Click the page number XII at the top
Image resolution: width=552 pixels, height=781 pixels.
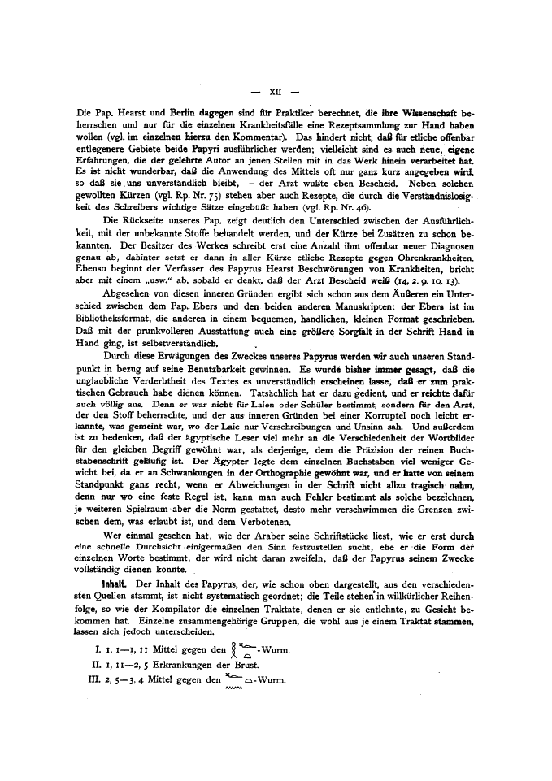[x=276, y=84]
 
